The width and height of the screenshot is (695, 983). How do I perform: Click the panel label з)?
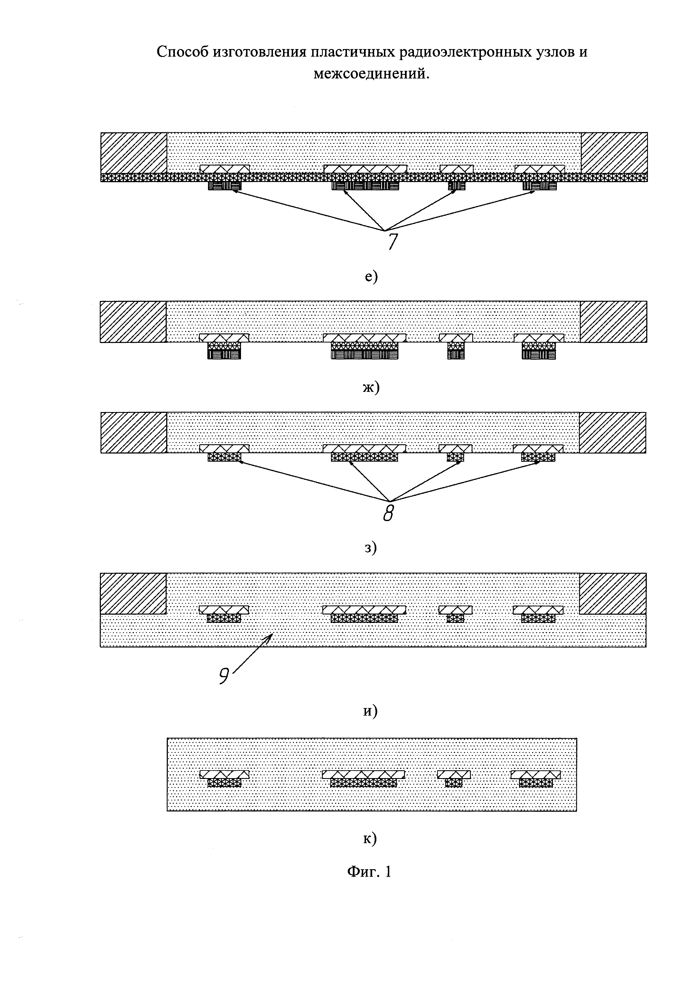tap(370, 547)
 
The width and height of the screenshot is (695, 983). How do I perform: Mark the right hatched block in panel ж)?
tap(613, 322)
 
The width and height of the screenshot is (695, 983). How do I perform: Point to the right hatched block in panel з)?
tap(612, 432)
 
